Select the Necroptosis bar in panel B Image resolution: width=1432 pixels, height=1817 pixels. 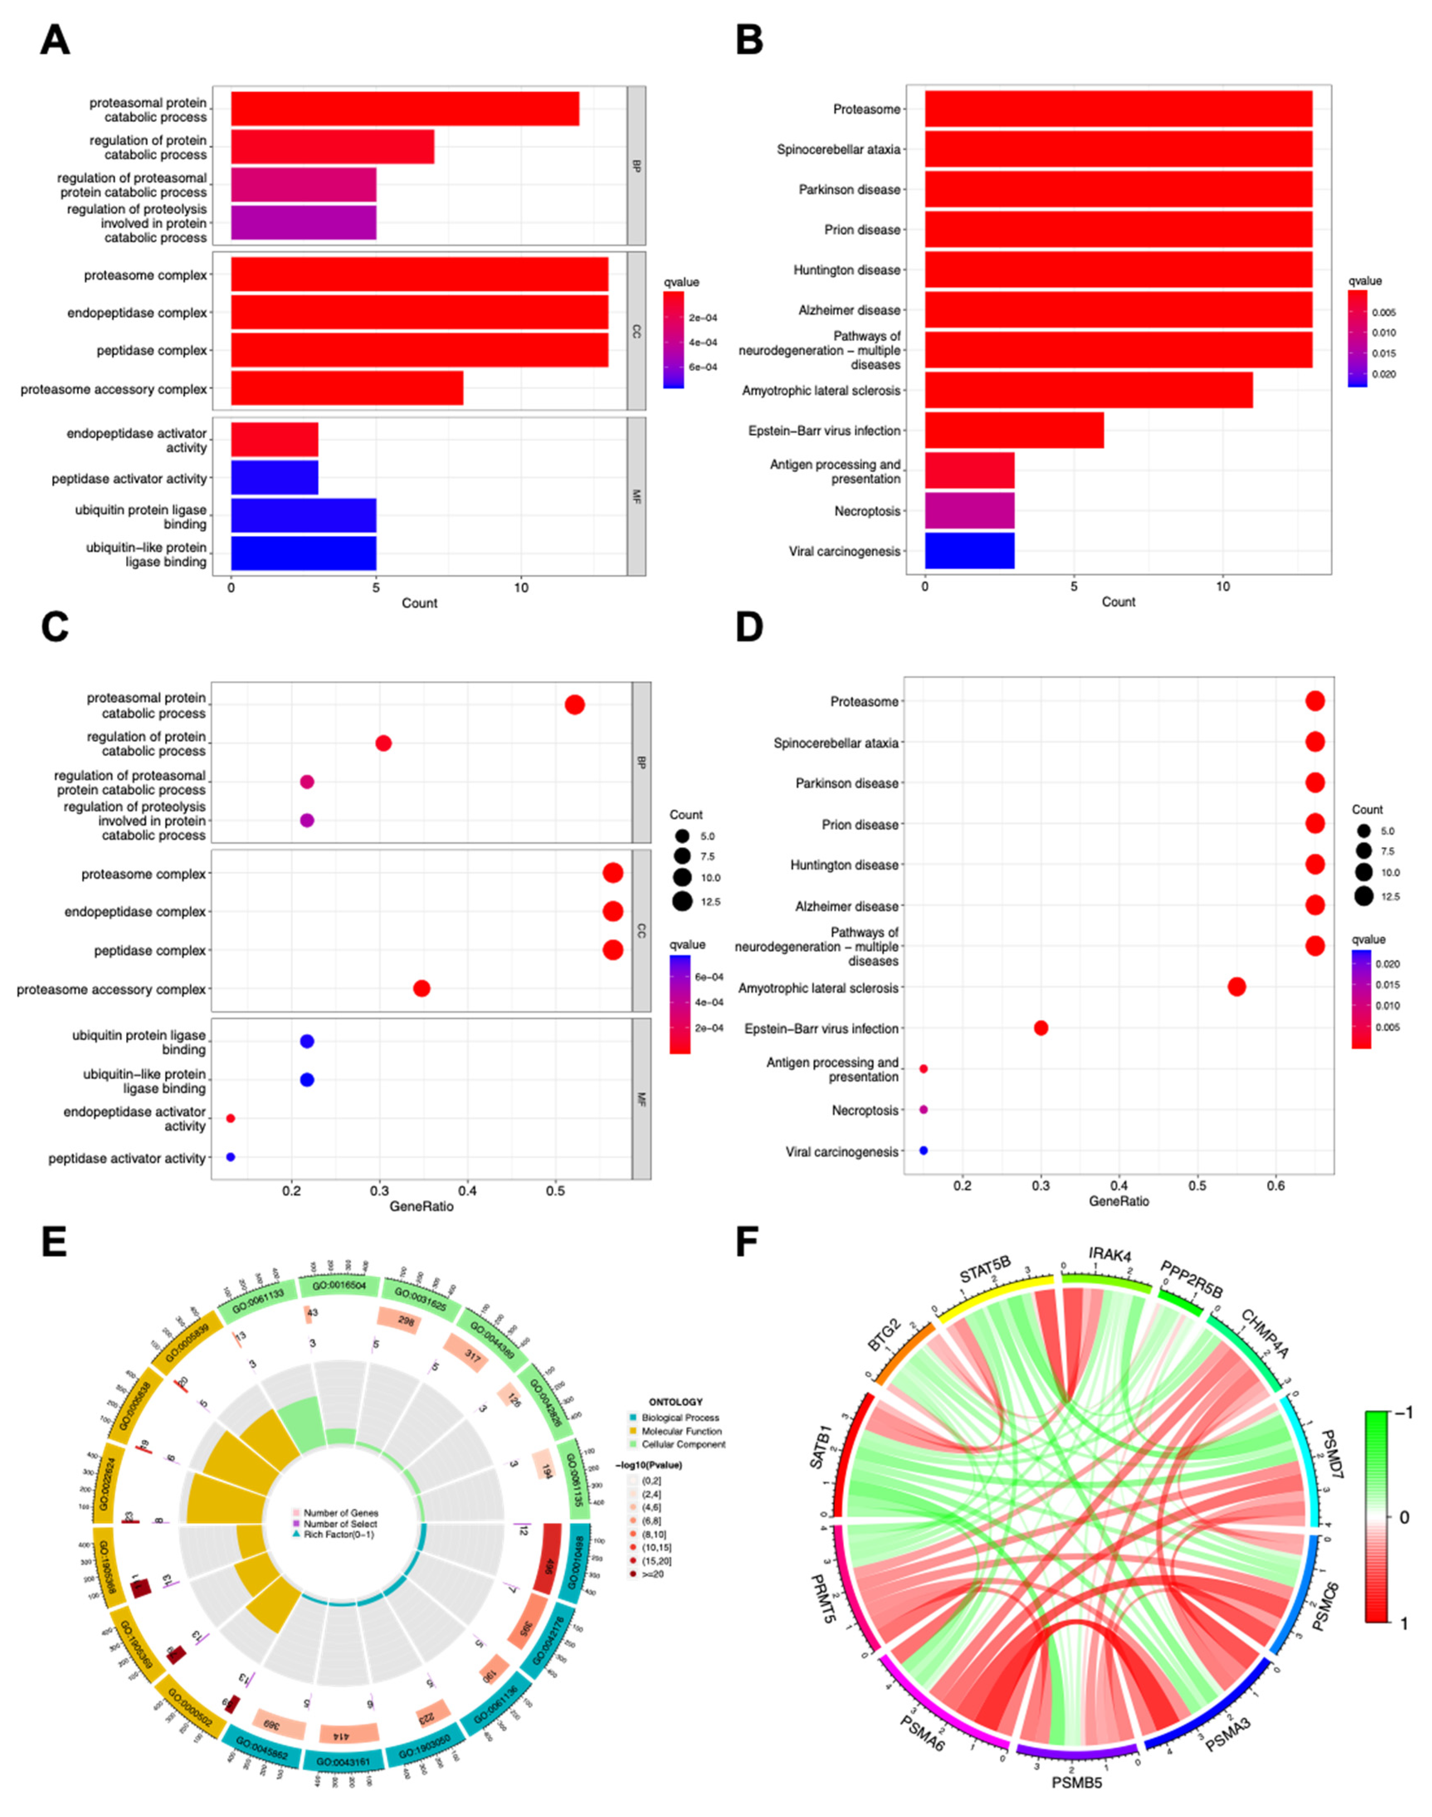969,511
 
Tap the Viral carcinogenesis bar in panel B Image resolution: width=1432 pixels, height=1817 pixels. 969,551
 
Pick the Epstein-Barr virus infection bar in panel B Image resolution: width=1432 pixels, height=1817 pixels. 1013,430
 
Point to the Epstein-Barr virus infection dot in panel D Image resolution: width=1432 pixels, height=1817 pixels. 1040,1028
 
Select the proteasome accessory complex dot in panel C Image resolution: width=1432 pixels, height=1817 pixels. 422,989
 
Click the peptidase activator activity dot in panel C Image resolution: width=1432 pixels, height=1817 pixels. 231,1157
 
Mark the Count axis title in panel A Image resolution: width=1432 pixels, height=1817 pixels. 419,603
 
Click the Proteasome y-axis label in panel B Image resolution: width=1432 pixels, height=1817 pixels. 866,109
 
